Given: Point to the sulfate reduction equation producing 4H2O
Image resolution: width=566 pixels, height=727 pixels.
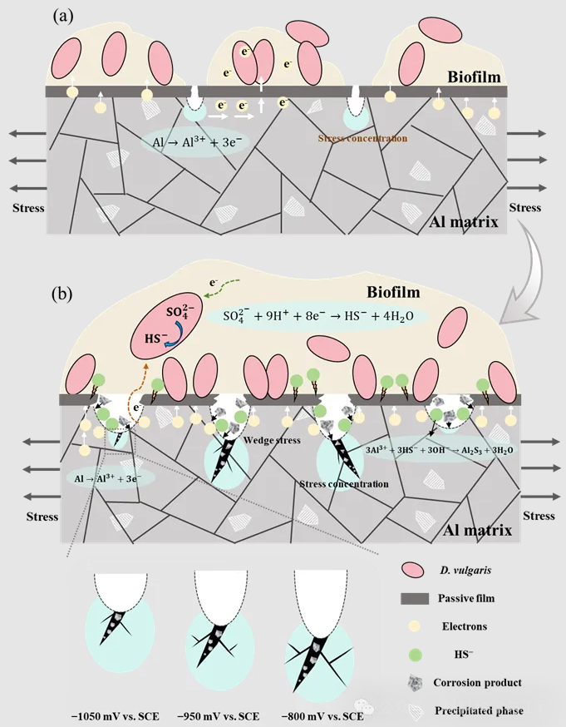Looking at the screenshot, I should (324, 316).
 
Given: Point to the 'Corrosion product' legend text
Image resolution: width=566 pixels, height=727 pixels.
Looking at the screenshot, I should (477, 683).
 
